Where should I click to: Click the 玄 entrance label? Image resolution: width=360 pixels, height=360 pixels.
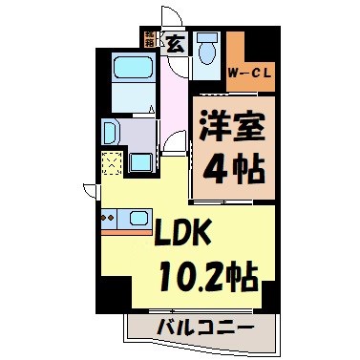[x=177, y=41]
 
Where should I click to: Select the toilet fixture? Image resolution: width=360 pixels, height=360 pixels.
[x=207, y=48]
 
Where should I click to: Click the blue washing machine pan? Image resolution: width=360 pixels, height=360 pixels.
[x=142, y=159]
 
